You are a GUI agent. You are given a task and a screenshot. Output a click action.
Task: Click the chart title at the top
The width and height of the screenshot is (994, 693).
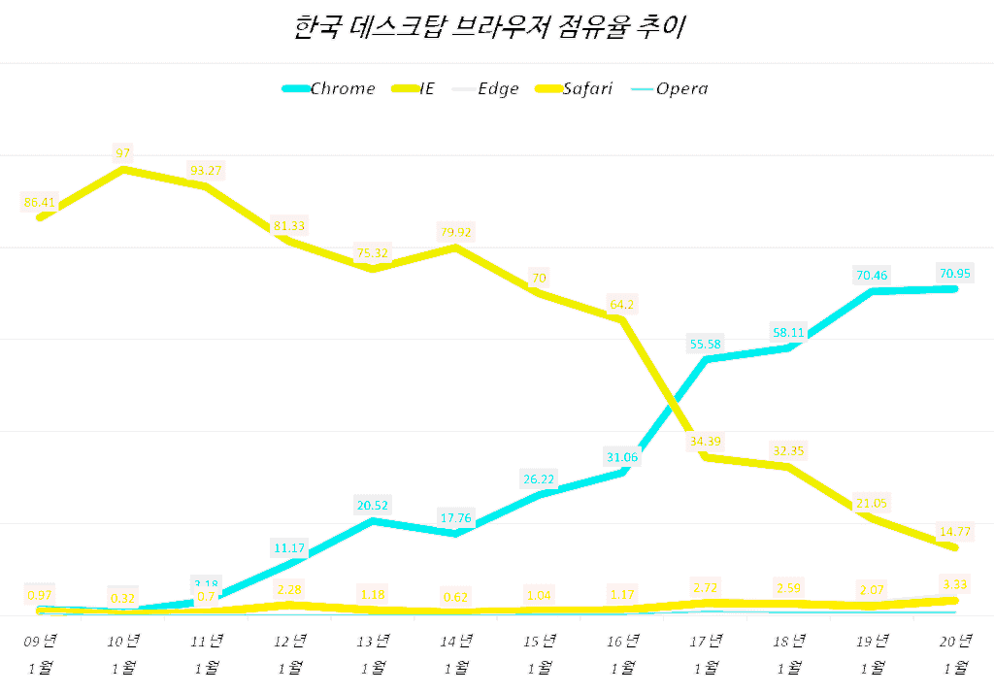tap(489, 27)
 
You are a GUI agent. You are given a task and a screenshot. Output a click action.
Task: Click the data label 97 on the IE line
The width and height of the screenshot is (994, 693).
tap(122, 152)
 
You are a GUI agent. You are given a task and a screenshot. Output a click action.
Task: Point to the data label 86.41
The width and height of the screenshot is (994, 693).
tap(40, 202)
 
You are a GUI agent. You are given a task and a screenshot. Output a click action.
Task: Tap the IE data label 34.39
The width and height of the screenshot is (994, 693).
tap(706, 442)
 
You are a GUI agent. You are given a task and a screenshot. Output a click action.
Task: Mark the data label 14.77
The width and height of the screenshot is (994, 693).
tap(955, 531)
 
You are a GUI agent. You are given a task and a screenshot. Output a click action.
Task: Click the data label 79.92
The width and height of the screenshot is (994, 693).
tap(456, 232)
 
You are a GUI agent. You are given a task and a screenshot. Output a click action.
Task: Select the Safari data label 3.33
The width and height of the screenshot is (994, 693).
tap(955, 583)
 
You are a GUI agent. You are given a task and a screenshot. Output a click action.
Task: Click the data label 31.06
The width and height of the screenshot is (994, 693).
tap(622, 457)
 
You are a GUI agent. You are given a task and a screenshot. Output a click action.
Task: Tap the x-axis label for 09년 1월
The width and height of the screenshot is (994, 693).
tap(40, 653)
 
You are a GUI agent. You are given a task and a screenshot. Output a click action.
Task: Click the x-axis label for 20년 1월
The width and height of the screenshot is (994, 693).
tap(955, 653)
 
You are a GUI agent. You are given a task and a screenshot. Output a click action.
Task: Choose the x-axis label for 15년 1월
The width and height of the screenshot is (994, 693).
tap(539, 653)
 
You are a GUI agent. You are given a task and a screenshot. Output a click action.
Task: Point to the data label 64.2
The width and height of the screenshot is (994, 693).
tap(622, 304)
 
